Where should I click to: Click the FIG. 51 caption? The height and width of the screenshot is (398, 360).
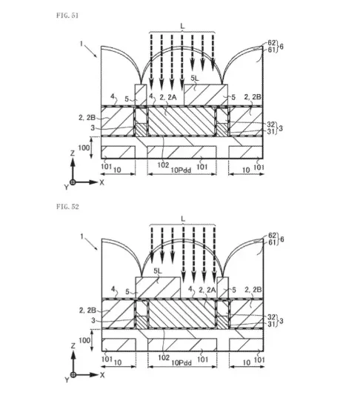click(x=67, y=16)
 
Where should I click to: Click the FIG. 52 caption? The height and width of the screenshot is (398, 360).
click(x=67, y=207)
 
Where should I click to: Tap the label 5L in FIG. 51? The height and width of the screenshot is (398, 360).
click(x=195, y=79)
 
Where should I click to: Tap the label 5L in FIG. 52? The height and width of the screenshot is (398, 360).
click(x=158, y=271)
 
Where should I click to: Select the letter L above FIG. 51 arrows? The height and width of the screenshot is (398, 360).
click(x=182, y=26)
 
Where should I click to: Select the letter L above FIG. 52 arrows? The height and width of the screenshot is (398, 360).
click(x=183, y=219)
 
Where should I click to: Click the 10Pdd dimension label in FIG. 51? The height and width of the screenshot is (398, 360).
click(x=181, y=170)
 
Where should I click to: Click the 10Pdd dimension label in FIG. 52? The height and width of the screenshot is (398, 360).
click(x=181, y=362)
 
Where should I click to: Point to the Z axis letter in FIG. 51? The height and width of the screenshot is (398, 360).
click(x=73, y=153)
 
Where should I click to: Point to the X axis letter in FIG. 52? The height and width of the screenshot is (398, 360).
click(x=102, y=375)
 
